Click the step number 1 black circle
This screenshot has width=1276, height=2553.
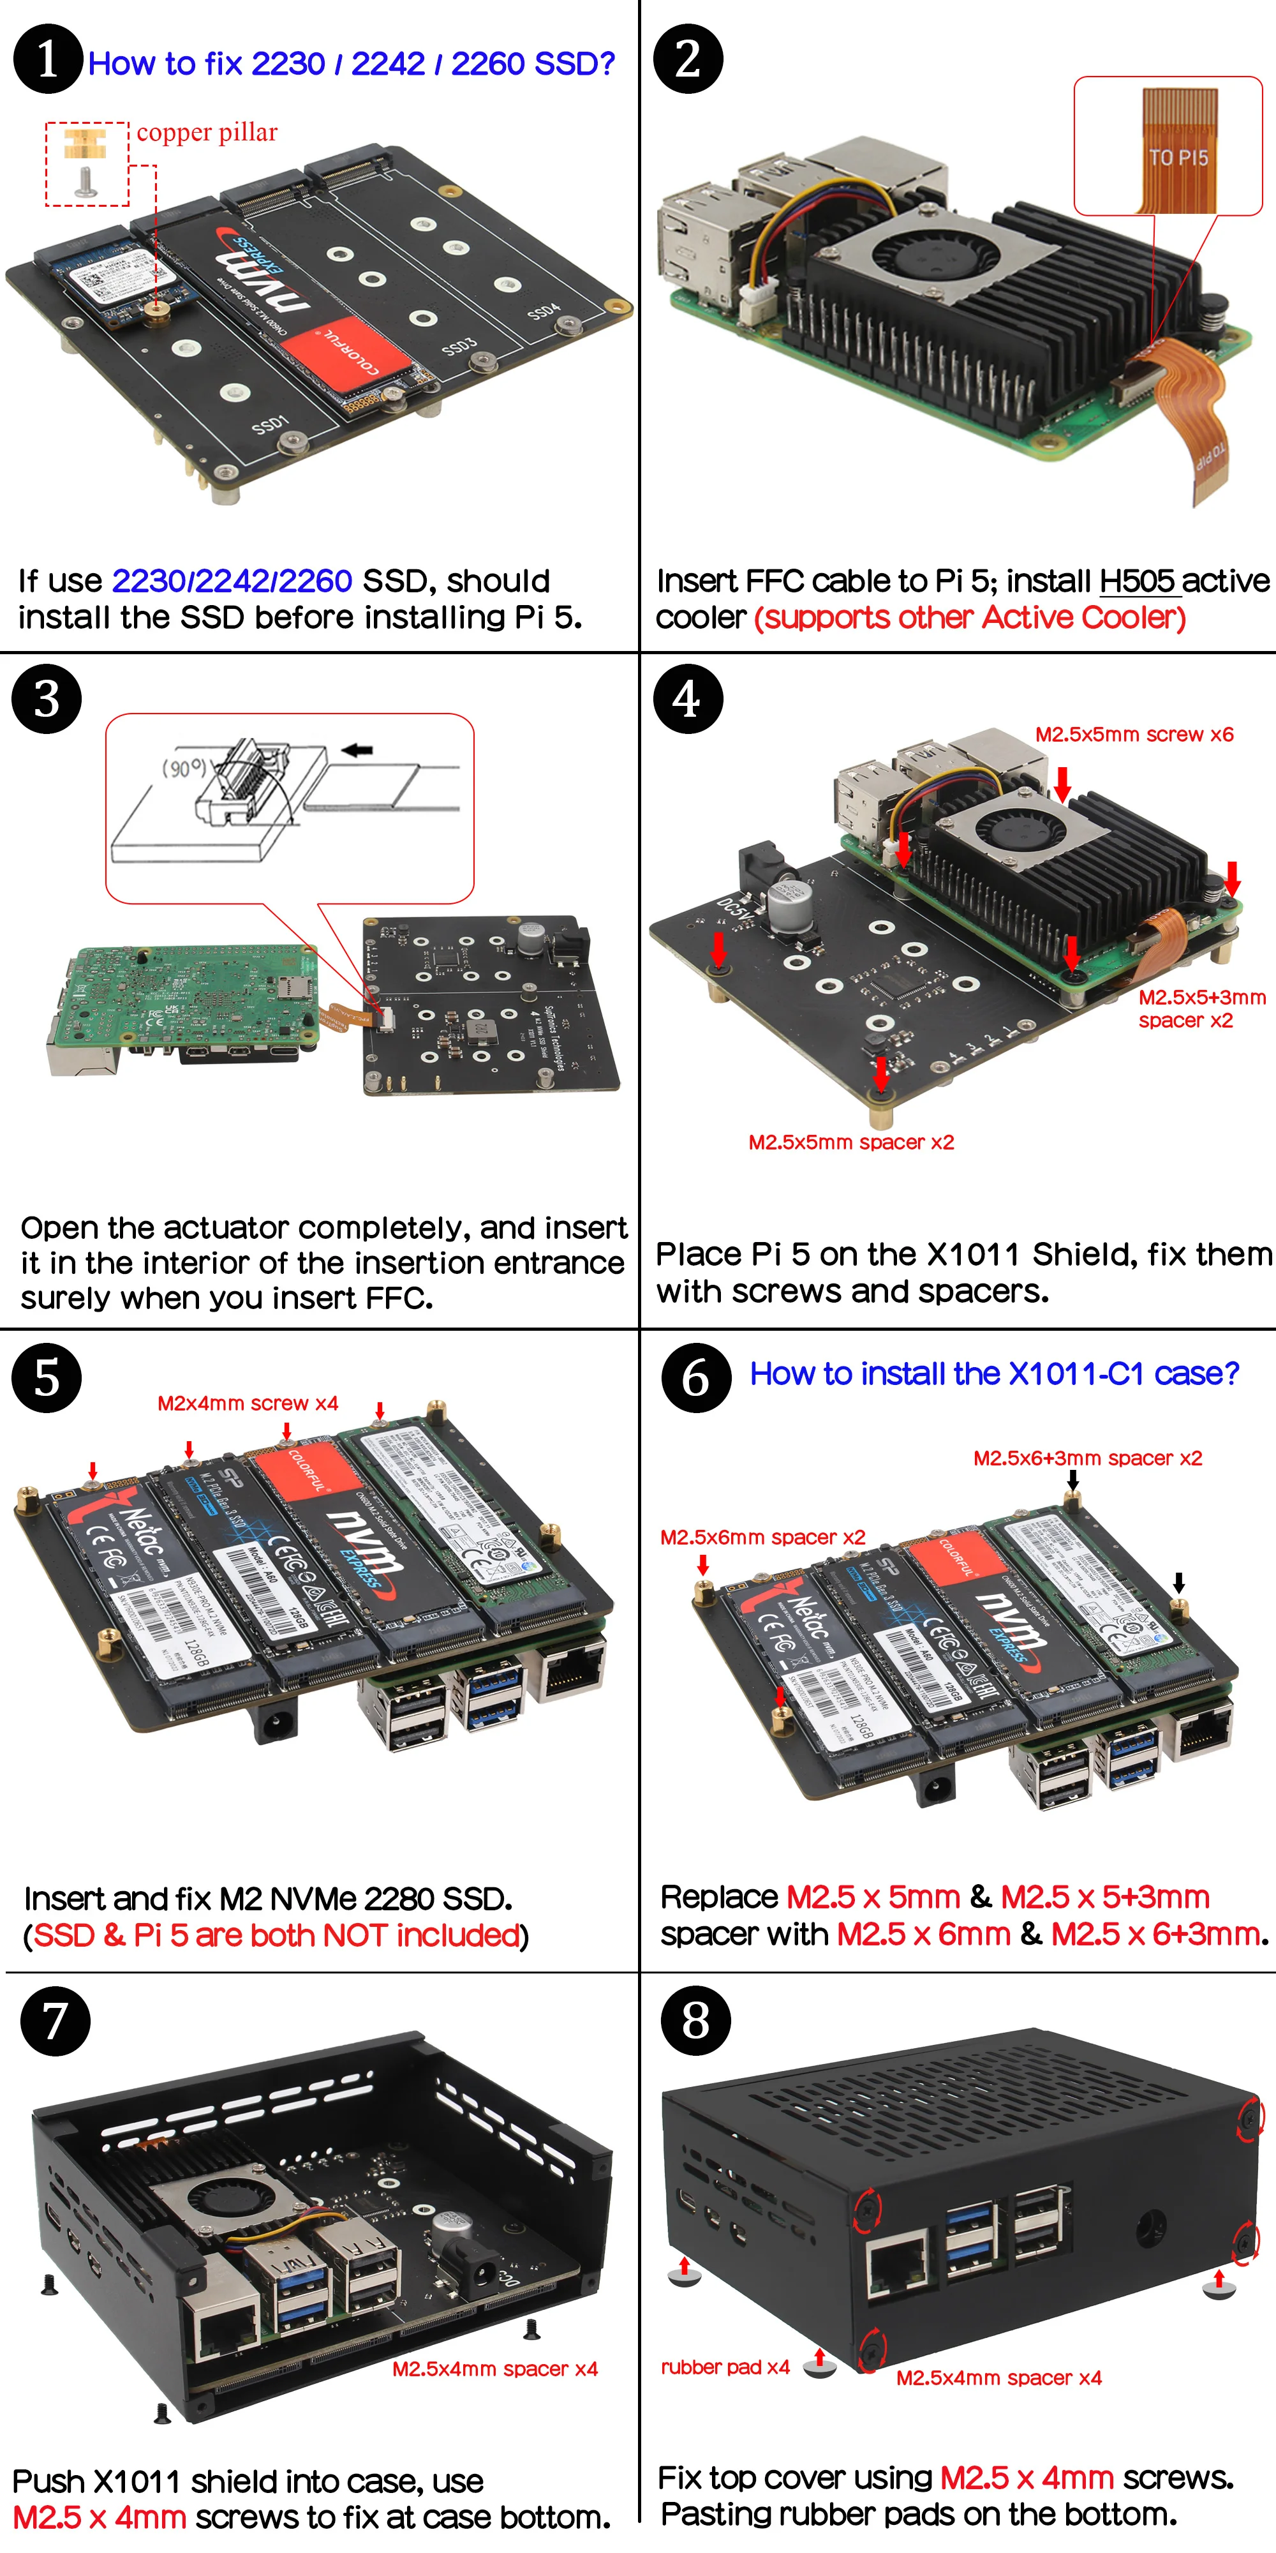[x=47, y=59]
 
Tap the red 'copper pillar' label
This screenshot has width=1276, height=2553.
[x=207, y=133]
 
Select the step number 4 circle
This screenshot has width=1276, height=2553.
[x=688, y=699]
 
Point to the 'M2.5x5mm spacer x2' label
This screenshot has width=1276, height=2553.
[x=851, y=1142]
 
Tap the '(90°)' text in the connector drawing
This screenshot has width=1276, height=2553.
[x=184, y=767]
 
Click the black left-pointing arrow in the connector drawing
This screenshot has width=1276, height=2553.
[x=357, y=750]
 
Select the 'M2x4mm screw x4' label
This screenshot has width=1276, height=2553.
[x=248, y=1404]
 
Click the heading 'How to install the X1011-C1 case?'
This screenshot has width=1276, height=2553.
[x=993, y=1374]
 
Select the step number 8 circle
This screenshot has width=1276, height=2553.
[x=695, y=2020]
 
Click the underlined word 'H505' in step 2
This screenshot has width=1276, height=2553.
[x=1136, y=581]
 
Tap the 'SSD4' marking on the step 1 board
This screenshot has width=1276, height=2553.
[x=543, y=313]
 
